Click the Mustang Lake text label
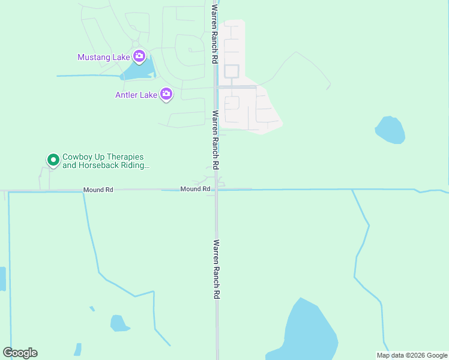104,57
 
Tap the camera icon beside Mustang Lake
139,56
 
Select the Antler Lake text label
136,95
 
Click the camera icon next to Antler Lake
166,94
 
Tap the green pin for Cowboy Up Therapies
53,160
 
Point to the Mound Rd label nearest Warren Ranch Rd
195,189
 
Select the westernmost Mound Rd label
98,190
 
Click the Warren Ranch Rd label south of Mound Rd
216,270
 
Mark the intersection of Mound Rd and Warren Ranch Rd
217,190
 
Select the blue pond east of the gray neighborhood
390,130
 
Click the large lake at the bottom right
310,333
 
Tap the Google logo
20,353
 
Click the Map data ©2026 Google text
412,355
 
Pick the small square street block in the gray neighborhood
232,71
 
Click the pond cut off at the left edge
2,278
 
